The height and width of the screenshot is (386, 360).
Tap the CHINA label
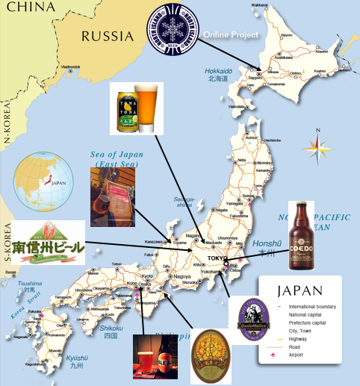pyautogui.click(x=24, y=8)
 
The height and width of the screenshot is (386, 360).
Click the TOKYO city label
pyautogui.click(x=217, y=258)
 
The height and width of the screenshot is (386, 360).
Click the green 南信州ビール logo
pyautogui.click(x=46, y=243)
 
